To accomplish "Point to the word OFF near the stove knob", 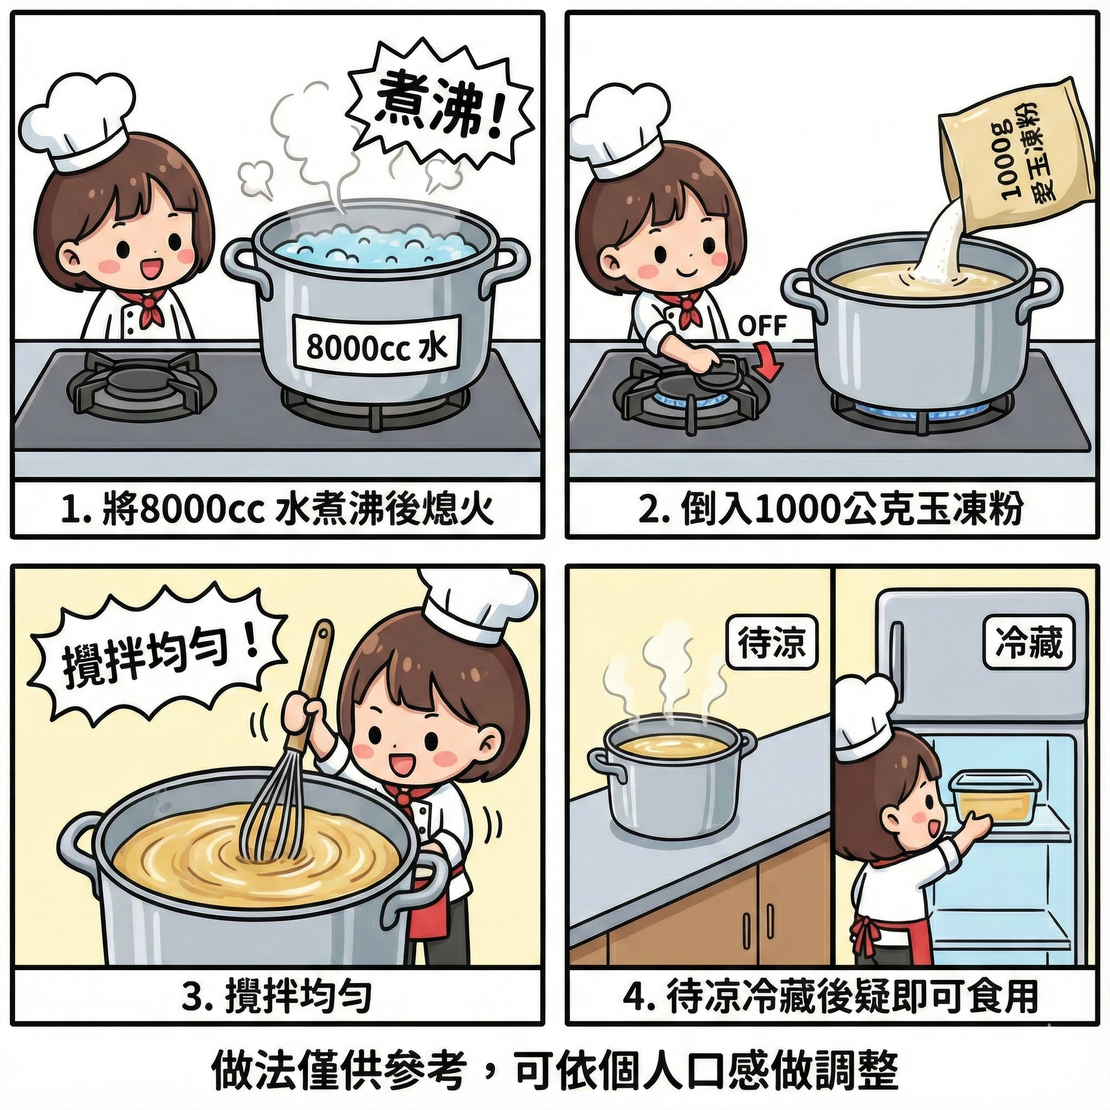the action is pyautogui.click(x=762, y=326).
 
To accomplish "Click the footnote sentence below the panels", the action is pyautogui.click(x=555, y=1070).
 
